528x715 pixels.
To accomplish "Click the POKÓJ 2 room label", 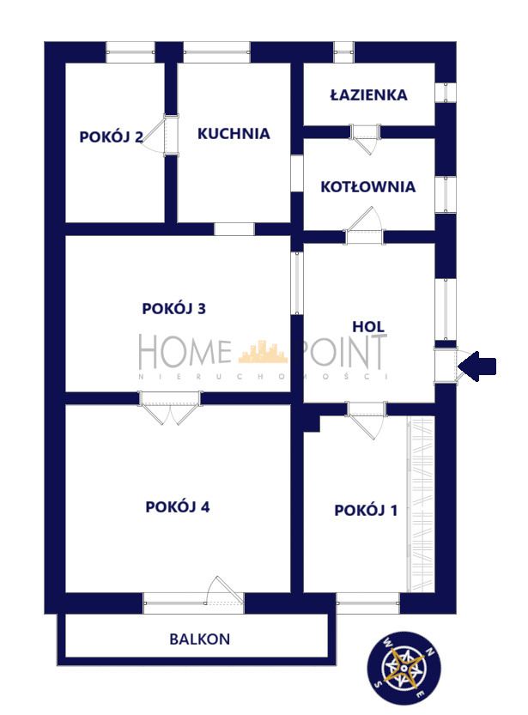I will click(111, 136).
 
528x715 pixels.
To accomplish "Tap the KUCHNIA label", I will click(234, 133).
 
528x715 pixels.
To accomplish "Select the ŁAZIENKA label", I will click(368, 94).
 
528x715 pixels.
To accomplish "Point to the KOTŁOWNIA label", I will click(367, 186).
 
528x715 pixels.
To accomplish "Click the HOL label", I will click(368, 326).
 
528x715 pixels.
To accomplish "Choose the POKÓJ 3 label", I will click(173, 308).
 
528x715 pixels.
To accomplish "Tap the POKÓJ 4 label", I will click(178, 506).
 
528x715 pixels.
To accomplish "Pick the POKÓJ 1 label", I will click(366, 510).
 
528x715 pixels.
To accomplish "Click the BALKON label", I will click(199, 639).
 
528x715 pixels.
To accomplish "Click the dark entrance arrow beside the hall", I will click(477, 367).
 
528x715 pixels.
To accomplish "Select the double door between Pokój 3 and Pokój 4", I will click(170, 407).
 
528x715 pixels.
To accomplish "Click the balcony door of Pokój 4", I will click(218, 592).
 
